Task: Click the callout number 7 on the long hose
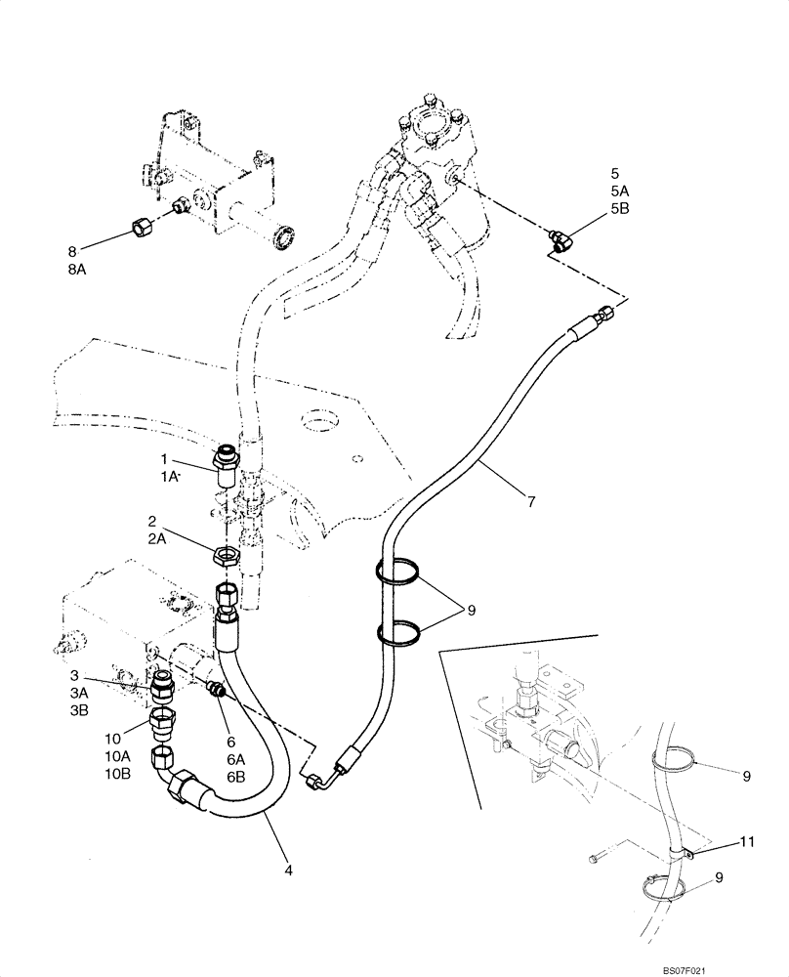tap(531, 502)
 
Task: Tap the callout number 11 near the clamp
tap(748, 840)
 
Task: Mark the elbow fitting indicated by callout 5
tap(561, 239)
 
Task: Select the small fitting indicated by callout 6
tap(218, 692)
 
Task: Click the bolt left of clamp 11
tap(597, 859)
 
